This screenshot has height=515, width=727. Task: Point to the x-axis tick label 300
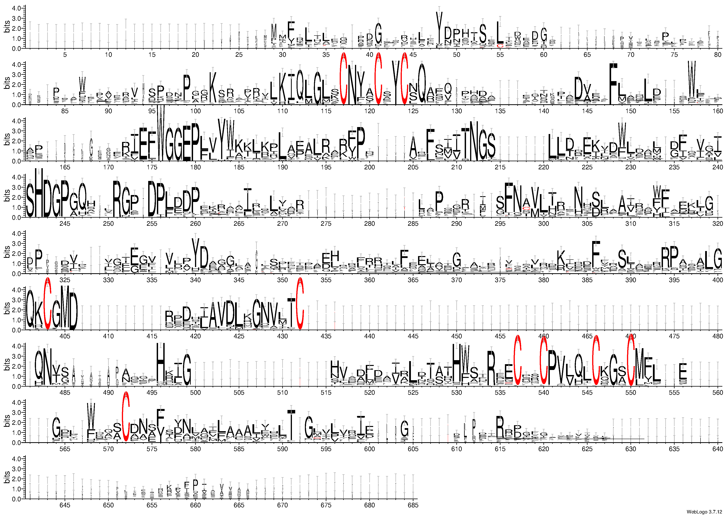[543, 224]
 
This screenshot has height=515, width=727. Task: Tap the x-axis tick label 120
[369, 111]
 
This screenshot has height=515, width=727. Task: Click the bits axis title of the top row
[7, 27]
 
